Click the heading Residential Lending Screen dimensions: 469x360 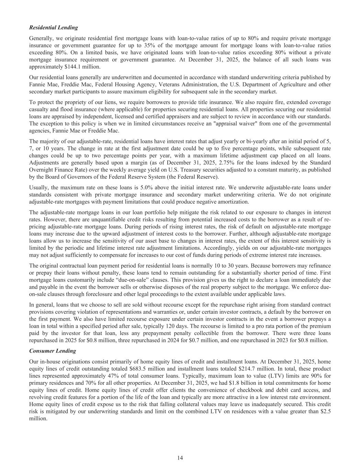pos(54,27)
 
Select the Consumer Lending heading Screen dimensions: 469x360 pos(53,351)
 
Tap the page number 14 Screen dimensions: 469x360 pos(180,458)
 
